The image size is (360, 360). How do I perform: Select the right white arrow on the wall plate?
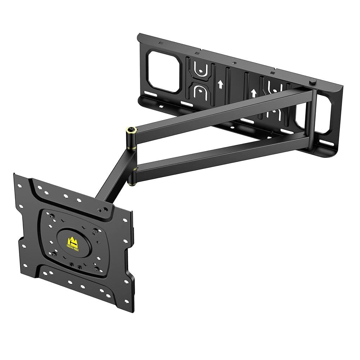point(253,93)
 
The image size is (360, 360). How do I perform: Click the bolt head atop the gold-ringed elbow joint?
point(130,129)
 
